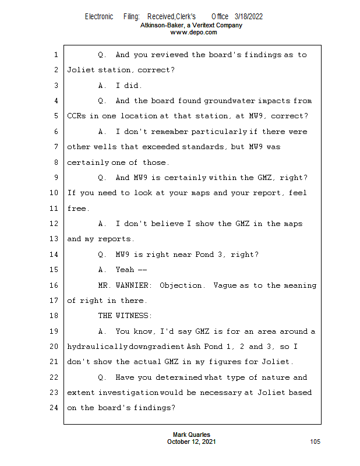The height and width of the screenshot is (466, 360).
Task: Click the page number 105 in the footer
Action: click(315, 442)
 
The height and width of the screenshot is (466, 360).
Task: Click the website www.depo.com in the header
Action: click(193, 33)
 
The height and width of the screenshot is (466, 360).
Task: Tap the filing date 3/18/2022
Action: click(249, 17)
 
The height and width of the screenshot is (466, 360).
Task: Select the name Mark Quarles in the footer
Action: click(192, 435)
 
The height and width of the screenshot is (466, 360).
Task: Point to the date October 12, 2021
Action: click(192, 442)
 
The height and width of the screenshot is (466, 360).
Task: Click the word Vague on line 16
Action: click(225, 285)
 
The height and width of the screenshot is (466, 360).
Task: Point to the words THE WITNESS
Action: click(125, 316)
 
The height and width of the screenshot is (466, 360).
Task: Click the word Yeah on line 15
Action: click(125, 270)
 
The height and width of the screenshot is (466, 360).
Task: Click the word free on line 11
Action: click(76, 208)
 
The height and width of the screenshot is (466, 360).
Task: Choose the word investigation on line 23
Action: click(128, 393)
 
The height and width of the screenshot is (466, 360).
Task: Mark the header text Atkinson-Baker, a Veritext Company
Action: click(192, 26)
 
